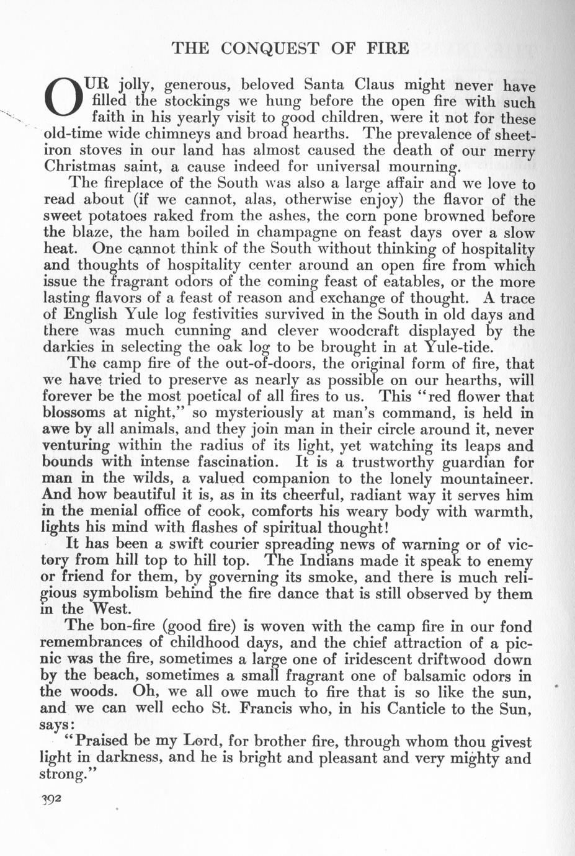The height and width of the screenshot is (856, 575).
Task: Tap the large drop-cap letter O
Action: tap(63, 99)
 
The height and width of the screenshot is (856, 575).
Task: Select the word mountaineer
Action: tap(486, 478)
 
